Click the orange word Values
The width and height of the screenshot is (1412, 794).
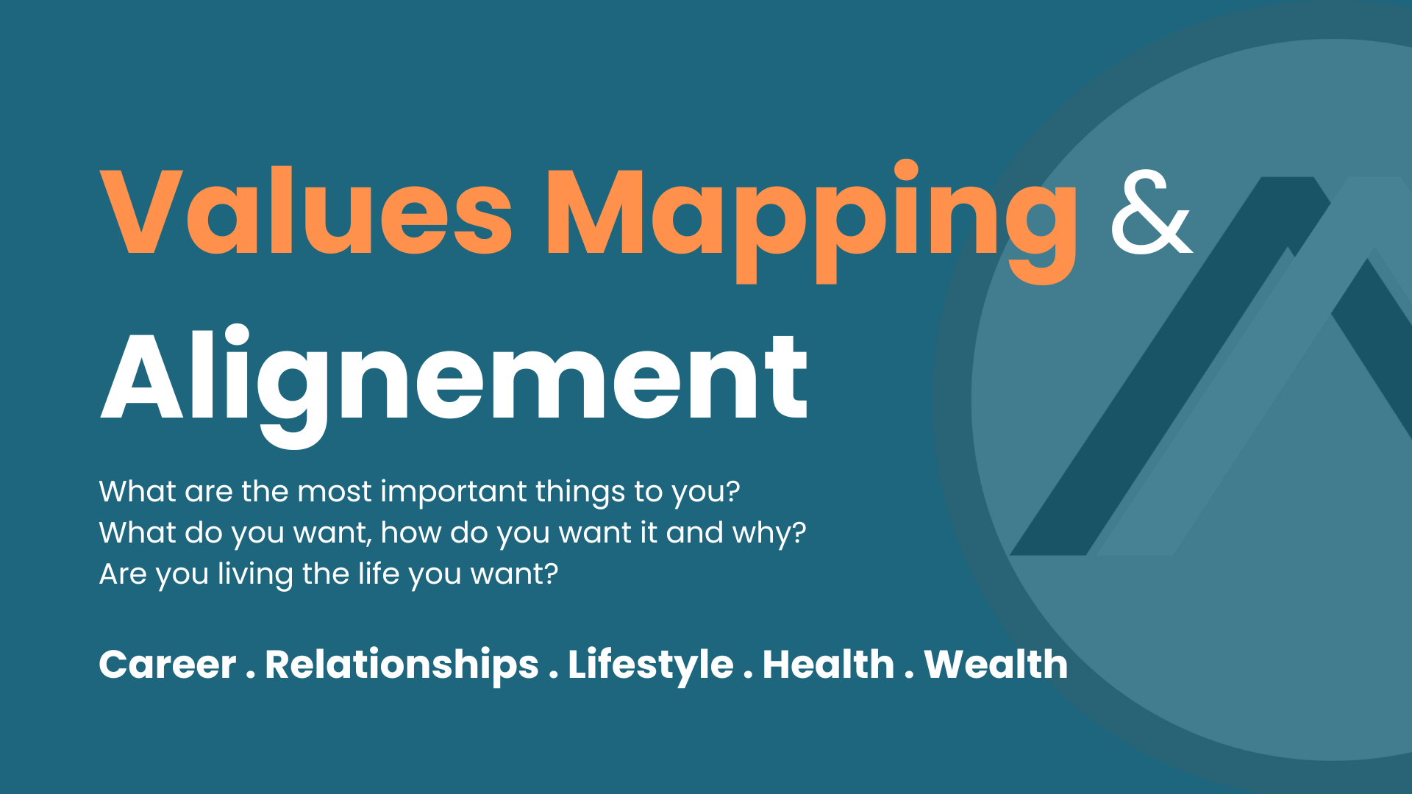[x=306, y=212]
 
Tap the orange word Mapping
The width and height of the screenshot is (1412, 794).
[x=811, y=221]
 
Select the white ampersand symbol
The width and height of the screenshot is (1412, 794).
[x=1152, y=212]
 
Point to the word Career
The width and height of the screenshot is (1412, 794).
[x=168, y=665]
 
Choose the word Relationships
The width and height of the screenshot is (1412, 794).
[x=402, y=665]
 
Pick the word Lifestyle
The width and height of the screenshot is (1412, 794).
[x=651, y=665]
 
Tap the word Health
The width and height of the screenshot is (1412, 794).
[x=829, y=664]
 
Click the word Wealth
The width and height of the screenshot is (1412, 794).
[x=996, y=664]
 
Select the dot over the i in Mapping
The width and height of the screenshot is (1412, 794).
[x=906, y=169]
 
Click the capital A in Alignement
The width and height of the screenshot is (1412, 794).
[x=142, y=376]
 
